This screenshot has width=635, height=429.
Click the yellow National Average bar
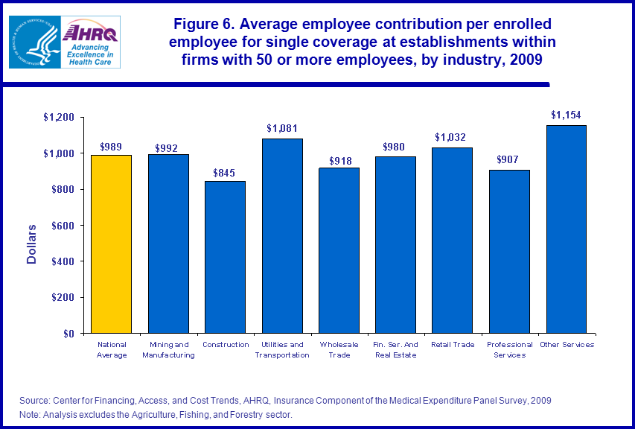coord(111,244)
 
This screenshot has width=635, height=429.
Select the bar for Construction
coord(225,257)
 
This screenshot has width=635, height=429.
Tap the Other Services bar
coord(567,229)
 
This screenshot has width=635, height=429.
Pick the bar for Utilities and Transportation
coord(282,236)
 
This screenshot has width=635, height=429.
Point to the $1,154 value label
coord(566,115)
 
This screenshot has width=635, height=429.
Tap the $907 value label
coord(509,159)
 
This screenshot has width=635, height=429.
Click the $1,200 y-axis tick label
coord(59,118)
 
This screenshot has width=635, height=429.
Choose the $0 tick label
coord(69,334)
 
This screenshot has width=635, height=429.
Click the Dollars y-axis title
coord(32,244)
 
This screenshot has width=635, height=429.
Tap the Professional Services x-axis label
coord(509,350)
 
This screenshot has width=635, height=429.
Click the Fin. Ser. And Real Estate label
coord(395,350)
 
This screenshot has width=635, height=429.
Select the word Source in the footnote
coord(35,401)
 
